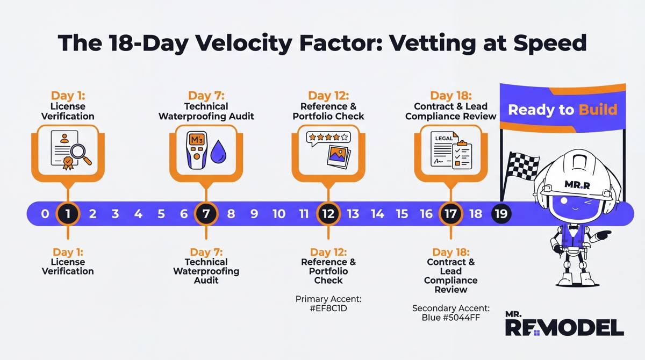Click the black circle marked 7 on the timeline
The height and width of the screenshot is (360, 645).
[206, 214]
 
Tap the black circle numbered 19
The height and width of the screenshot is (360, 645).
[501, 214]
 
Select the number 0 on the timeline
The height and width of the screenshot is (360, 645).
[45, 214]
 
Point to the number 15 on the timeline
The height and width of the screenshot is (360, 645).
[402, 214]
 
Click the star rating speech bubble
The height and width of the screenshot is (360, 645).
[328, 138]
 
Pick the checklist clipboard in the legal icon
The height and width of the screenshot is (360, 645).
[462, 155]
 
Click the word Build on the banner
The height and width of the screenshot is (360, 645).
[598, 110]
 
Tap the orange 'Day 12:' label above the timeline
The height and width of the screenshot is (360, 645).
[328, 96]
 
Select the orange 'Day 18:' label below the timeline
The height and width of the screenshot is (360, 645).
[450, 252]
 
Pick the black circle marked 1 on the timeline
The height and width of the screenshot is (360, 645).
[68, 214]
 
